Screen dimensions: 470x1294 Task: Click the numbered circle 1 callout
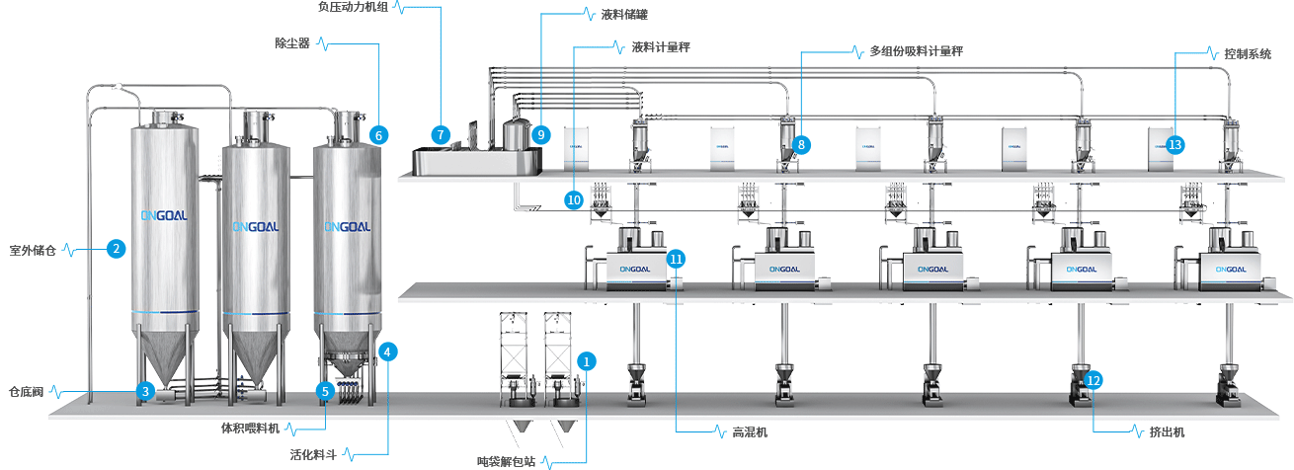click(587, 361)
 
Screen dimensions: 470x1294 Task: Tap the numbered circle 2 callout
click(117, 249)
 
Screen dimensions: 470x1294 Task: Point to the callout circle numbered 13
click(1174, 144)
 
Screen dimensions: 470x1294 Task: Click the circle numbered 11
click(676, 259)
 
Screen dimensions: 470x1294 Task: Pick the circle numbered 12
click(1092, 379)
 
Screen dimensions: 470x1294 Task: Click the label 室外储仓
click(33, 250)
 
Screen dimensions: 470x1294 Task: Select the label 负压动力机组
click(354, 6)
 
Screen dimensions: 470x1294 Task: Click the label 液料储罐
click(625, 15)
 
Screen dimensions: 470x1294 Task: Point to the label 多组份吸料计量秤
click(916, 50)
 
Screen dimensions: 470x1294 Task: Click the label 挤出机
click(1167, 432)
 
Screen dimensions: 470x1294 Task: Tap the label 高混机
click(750, 432)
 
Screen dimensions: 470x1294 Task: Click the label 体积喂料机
click(250, 429)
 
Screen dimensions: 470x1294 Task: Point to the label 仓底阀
click(25, 391)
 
